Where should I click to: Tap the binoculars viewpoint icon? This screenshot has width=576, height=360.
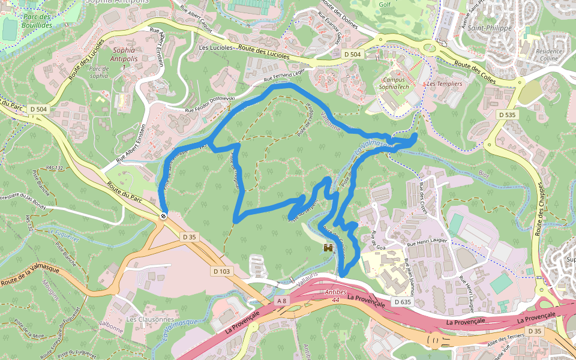tap(329, 247)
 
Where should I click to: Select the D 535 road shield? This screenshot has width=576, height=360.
tap(507, 114)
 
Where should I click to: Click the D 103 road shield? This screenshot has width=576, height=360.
tap(221, 271)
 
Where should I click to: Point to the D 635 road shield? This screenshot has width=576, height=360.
tap(403, 302)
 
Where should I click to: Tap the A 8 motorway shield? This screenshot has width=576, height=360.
tap(283, 299)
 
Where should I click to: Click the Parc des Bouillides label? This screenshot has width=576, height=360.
tap(35, 21)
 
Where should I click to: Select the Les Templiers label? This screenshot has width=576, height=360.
tap(445, 84)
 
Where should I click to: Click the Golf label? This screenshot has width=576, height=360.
tap(385, 4)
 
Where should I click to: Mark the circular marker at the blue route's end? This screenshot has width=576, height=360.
tap(163, 215)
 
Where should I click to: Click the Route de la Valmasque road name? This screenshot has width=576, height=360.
tap(30, 275)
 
